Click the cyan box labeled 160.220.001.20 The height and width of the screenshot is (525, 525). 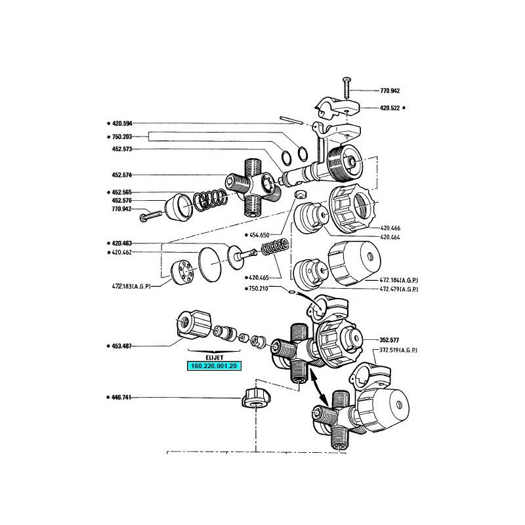click(214, 366)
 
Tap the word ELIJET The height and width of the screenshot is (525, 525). click(215, 358)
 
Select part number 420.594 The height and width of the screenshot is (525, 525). click(122, 123)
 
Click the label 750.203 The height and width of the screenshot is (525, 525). click(122, 136)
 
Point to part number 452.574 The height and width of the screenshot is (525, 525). click(122, 175)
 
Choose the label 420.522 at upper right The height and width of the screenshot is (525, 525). click(390, 108)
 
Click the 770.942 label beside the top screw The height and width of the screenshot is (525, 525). click(390, 91)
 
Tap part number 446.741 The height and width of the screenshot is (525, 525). click(121, 398)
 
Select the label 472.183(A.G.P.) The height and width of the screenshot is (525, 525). click(131, 287)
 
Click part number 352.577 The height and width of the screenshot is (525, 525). click(389, 340)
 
